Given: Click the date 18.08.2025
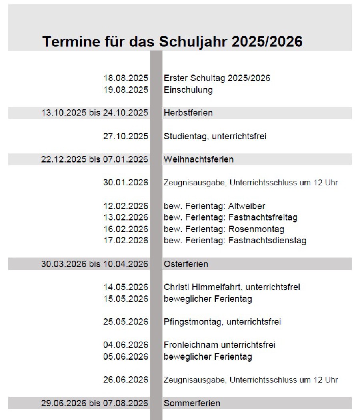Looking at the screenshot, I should (125, 78).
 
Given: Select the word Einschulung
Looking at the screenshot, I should (188, 90).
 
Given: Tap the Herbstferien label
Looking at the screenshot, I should (188, 113).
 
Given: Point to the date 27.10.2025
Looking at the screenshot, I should (125, 136).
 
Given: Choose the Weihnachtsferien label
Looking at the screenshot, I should (198, 159).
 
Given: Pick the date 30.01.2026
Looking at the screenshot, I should (125, 183).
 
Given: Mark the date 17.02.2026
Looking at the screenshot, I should (125, 241).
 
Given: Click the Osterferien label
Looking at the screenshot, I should (186, 264).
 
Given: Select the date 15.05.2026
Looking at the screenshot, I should (125, 299).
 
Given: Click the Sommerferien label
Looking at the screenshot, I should (192, 403).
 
